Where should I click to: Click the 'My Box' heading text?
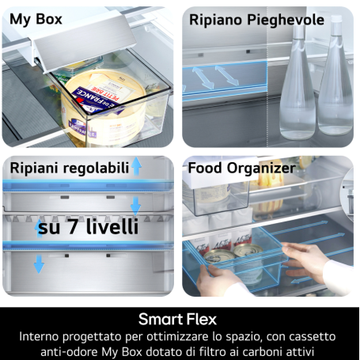pos(37,19)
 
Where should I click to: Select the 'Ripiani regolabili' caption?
pos(66,168)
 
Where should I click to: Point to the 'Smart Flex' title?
pos(180,320)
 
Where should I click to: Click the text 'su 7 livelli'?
pos(89,228)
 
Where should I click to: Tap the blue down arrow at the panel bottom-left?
pos(39,263)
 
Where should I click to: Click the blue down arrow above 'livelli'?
pos(136,206)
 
